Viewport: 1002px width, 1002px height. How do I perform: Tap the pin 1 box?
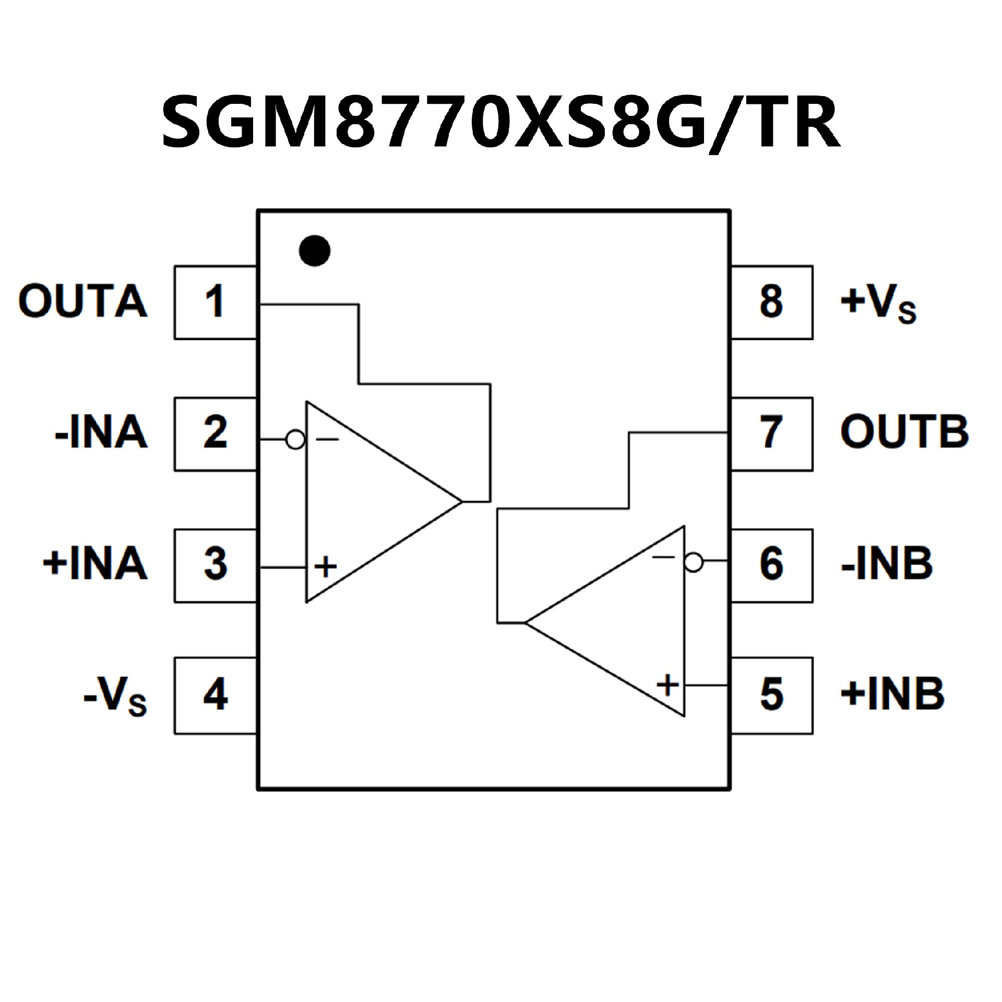(x=215, y=302)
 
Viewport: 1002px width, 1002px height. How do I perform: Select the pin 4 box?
(x=215, y=695)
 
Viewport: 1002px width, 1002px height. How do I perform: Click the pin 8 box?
(x=771, y=302)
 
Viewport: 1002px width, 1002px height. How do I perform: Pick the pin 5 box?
(x=771, y=695)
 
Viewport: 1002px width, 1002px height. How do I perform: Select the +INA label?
(x=96, y=564)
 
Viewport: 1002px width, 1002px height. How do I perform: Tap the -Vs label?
(x=115, y=697)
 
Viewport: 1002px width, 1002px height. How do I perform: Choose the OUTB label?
(x=904, y=433)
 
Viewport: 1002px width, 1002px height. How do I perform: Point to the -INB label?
(x=886, y=564)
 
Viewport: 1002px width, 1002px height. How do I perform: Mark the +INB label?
(x=892, y=695)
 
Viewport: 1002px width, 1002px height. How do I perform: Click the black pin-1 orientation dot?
(x=315, y=250)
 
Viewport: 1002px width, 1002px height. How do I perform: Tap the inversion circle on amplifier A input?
(x=295, y=440)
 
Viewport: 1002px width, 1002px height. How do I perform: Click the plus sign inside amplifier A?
(x=326, y=566)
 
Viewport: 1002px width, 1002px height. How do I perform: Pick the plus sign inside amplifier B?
(x=667, y=684)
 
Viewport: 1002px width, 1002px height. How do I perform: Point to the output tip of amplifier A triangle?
(x=461, y=502)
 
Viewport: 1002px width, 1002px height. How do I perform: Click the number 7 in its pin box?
(x=771, y=433)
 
